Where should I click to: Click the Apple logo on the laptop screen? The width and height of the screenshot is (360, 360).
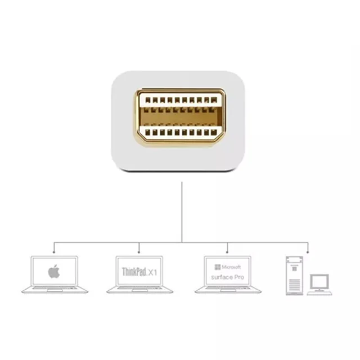[x=54, y=271]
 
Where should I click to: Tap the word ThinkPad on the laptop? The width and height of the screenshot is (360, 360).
[x=134, y=272]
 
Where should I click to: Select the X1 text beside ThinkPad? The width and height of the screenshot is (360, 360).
[x=152, y=272]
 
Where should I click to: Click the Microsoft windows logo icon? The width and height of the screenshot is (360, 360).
[x=218, y=267]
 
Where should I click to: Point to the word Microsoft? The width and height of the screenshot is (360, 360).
[x=231, y=267]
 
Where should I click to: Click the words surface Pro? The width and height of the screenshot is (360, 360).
[x=227, y=277]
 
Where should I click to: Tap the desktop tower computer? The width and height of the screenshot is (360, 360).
[x=294, y=276]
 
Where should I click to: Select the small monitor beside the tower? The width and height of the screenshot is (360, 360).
[x=319, y=282]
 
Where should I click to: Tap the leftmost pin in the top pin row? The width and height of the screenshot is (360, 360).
[x=148, y=100]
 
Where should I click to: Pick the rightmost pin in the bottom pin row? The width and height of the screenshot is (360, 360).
[x=214, y=132]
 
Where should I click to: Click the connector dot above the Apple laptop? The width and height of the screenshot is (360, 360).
[x=54, y=253]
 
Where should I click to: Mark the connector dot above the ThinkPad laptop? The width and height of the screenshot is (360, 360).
[x=139, y=253]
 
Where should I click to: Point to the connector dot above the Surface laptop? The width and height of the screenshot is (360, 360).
[x=227, y=253]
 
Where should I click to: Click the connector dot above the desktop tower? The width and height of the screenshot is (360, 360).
[x=308, y=253]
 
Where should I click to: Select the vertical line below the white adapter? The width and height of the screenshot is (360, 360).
[x=182, y=212]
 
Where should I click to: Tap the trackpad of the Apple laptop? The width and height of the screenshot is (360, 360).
[x=55, y=290]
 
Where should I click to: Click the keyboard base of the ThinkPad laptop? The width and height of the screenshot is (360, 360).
[x=139, y=290]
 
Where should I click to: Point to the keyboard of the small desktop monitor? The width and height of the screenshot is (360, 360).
[x=319, y=293]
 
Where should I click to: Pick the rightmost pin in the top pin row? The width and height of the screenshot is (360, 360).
[x=214, y=100]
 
